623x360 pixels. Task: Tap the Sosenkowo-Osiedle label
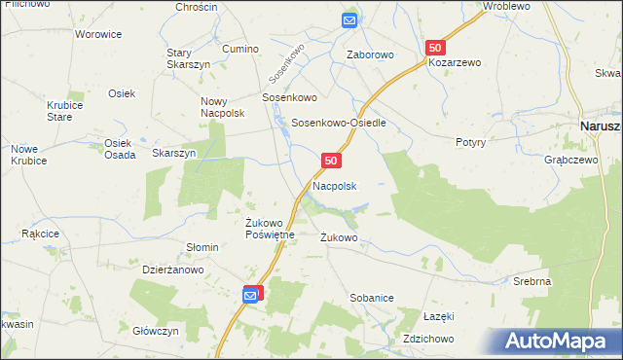340,124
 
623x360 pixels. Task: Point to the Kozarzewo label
455,62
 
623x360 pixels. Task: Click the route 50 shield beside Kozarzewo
435,47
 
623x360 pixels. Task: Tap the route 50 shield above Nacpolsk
331,160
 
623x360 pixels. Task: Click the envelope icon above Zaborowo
350,19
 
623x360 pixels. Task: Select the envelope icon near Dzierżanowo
251,293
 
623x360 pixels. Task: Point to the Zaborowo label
370,55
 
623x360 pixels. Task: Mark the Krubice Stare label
59,111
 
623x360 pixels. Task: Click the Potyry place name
470,141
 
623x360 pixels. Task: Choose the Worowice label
98,34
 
